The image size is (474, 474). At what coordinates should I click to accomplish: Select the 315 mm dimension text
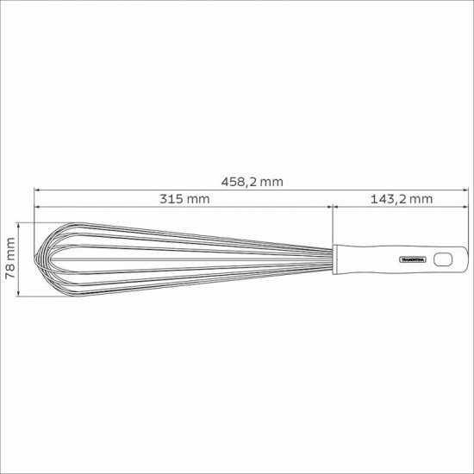click(x=184, y=198)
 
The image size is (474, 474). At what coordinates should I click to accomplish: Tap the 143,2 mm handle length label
click(x=401, y=198)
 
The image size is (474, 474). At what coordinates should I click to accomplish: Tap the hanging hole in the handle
click(x=442, y=259)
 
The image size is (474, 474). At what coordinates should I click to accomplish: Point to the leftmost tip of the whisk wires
click(x=34, y=258)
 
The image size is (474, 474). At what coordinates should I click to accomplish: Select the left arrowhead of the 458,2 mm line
click(x=38, y=190)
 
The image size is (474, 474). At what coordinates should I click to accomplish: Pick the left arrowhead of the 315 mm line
click(x=38, y=206)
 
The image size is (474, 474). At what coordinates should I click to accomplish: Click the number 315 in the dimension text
click(x=174, y=198)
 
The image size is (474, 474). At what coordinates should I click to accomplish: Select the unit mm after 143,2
click(x=420, y=198)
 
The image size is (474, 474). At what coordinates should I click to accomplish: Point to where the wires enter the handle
click(x=334, y=258)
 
